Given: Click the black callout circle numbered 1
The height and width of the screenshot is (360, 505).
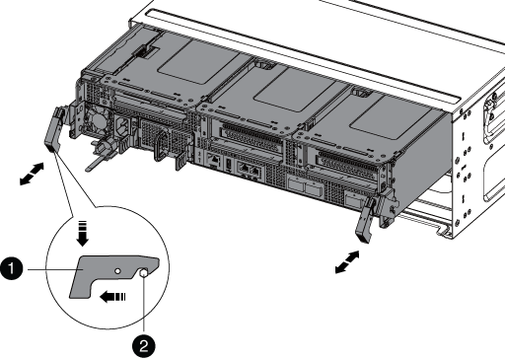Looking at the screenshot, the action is [12, 269].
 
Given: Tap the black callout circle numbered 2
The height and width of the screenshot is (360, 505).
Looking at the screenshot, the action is [144, 346].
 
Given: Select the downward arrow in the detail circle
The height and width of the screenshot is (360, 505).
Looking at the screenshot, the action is [82, 234].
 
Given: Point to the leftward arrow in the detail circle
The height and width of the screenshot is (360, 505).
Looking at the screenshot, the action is [112, 297].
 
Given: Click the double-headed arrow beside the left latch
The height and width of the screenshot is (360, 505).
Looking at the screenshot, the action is [32, 174].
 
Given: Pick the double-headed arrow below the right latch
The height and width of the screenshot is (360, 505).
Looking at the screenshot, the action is [347, 262].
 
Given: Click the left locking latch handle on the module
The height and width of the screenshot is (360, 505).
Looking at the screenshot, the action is [53, 130].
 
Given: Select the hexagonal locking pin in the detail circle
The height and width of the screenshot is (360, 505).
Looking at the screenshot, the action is [144, 272].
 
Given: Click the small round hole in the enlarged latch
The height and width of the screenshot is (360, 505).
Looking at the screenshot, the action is [117, 271].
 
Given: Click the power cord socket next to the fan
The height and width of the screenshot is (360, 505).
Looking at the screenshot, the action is [123, 126].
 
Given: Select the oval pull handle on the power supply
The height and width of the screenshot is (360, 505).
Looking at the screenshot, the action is [161, 145].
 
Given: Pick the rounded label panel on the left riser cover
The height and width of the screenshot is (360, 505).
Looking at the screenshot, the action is [198, 62].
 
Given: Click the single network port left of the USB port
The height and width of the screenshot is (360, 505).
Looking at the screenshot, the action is [213, 160].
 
